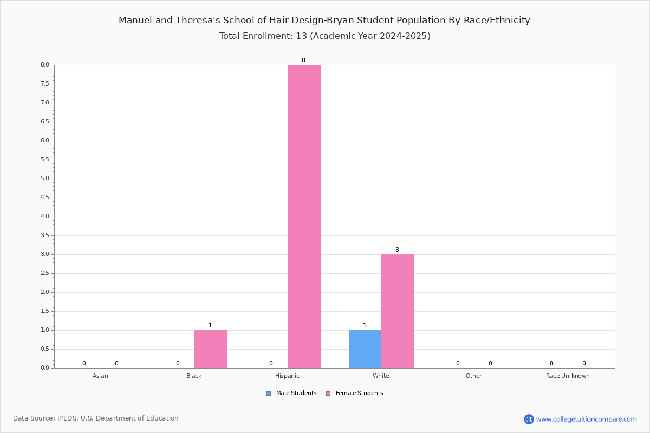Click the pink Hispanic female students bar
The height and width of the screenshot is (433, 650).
pos(304,216)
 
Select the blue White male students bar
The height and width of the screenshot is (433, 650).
pos(365,349)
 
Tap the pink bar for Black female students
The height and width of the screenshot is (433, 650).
pos(211,349)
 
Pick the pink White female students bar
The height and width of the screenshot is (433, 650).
pos(398,311)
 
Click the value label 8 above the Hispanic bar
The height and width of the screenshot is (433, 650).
pos(303,60)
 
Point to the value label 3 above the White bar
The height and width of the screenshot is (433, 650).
pos(397,250)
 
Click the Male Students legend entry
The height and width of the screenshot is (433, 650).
pos(291,393)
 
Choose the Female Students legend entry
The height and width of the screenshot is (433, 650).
pos(355,393)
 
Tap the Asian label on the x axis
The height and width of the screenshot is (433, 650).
pos(100,376)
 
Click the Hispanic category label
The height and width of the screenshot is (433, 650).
pos(287,376)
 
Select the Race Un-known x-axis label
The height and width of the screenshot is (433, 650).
pos(568,376)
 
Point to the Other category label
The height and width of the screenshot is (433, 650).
pos(474,376)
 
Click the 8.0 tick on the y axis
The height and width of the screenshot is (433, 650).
pos(45,65)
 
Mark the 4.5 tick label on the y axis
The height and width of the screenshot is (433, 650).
pos(45,198)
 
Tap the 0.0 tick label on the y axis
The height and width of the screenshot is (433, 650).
pos(45,368)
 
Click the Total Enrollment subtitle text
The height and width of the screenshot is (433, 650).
pos(324,36)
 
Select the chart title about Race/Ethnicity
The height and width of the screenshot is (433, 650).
pos(324,21)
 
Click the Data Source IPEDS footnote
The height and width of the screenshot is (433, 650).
pos(96,418)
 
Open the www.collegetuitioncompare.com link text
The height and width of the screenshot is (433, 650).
pos(587,419)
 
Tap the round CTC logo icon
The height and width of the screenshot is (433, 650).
pos(529,419)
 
